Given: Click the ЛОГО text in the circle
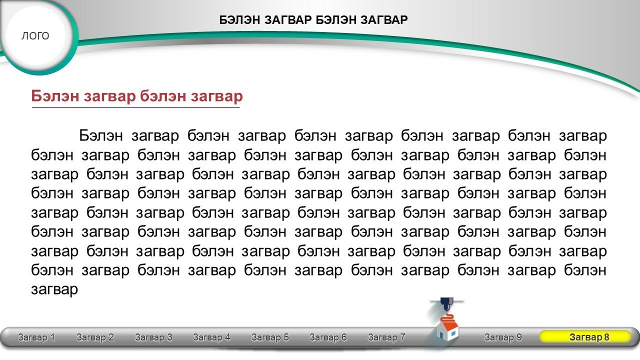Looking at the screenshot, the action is (x=35, y=35).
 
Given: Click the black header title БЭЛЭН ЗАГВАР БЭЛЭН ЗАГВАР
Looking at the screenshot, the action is (x=313, y=20).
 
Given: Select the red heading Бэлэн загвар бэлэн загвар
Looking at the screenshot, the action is (x=137, y=96).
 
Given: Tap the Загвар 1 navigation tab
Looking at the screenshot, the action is (x=36, y=337).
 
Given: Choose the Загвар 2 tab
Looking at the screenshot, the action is (x=95, y=337).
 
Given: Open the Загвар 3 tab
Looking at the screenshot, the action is (x=153, y=337).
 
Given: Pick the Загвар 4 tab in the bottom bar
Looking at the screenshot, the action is (x=211, y=337).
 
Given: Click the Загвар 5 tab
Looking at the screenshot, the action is (x=270, y=337).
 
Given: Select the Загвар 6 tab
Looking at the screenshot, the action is (x=328, y=337).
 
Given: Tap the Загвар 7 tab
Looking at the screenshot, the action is (x=386, y=337).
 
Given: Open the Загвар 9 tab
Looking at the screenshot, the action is (x=503, y=337).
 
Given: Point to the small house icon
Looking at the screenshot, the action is (x=447, y=331).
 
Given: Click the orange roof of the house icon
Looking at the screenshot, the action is (x=451, y=326).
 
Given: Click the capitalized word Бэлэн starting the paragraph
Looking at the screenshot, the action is (x=101, y=135).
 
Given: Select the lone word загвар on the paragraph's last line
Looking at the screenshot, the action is (x=54, y=289).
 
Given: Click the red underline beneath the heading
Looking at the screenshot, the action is (x=135, y=107).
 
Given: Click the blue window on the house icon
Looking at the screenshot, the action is (x=453, y=333).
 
